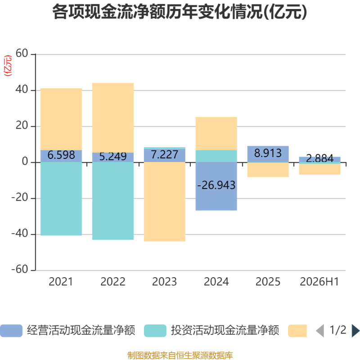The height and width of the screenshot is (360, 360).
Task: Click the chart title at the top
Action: tap(180, 12)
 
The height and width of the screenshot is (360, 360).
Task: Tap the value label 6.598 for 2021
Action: tap(61, 155)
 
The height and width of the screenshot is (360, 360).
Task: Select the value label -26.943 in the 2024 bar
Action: tap(216, 185)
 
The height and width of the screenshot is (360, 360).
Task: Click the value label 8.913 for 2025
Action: tap(268, 153)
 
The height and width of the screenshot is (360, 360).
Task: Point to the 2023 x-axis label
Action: tap(164, 282)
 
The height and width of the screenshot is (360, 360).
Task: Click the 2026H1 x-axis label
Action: tap(319, 282)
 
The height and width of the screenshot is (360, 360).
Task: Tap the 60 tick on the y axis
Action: tap(22, 54)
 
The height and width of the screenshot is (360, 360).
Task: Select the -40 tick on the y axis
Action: tap(19, 234)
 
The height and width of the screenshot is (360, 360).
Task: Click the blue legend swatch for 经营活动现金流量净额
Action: tap(11, 331)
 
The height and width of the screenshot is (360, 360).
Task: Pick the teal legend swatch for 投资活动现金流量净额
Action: tap(155, 331)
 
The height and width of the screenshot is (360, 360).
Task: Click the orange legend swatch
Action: tap(297, 331)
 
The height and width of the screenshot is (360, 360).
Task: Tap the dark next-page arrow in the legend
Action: tap(355, 331)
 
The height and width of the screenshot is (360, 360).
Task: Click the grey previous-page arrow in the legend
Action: tap(320, 331)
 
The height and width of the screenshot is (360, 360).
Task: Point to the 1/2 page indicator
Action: tap(338, 330)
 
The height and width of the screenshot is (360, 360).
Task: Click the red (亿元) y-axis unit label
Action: tap(8, 65)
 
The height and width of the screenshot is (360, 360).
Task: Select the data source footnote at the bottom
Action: tap(180, 355)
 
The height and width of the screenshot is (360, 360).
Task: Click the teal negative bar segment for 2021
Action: tap(61, 199)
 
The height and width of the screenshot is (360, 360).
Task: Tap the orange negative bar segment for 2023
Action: tap(164, 202)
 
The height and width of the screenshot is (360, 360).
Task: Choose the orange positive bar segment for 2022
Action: tap(113, 118)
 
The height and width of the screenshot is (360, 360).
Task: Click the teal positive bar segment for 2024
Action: tap(216, 156)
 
